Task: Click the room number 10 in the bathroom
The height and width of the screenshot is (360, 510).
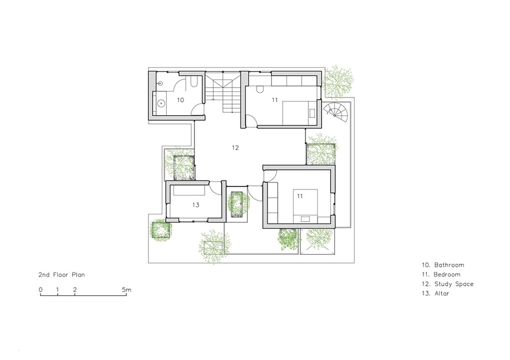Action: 180,100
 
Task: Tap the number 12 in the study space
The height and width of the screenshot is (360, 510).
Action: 235,148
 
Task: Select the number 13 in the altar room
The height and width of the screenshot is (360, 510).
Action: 196,205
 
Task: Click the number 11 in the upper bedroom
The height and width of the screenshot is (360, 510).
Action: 275,100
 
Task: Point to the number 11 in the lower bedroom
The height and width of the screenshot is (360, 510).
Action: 300,196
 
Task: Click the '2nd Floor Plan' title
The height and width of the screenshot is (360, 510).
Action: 62,275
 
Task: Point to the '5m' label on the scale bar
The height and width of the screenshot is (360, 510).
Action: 126,290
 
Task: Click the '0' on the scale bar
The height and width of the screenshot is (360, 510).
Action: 40,290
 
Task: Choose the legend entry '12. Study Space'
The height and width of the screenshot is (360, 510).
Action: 447,284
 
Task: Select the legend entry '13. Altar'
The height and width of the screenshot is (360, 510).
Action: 436,294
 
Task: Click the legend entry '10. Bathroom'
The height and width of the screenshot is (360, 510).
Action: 443,265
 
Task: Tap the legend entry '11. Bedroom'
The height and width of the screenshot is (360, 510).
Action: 441,275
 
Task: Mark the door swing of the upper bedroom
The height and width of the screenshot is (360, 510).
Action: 252,121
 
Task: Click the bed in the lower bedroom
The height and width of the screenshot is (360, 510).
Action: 305,206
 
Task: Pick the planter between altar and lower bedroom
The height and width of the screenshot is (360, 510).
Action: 237,204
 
